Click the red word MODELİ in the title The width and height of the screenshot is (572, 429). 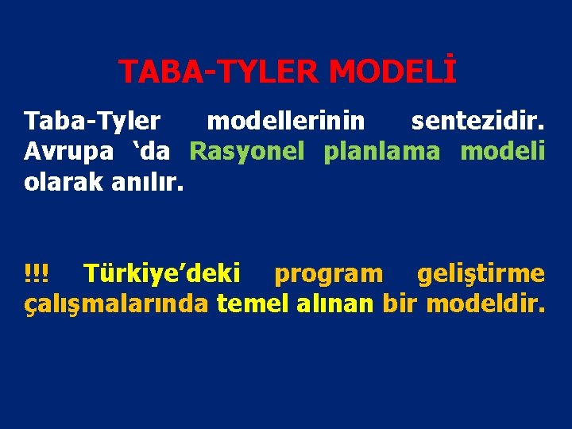tap(392, 71)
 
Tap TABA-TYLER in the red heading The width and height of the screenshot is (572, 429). tap(219, 71)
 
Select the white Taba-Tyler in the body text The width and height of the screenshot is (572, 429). tap(92, 122)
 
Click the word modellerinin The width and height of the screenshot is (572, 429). tap(286, 122)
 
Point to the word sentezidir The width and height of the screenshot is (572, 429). tap(477, 122)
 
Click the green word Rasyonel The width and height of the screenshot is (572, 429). tap(247, 151)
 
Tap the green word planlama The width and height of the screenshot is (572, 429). tap(381, 151)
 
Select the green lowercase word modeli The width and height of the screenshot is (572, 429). tap(503, 151)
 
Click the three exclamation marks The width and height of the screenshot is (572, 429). tap(36, 274)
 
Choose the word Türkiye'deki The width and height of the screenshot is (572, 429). tap(162, 274)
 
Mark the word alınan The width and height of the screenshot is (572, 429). tap(334, 303)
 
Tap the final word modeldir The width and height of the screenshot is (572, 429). tap(485, 303)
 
